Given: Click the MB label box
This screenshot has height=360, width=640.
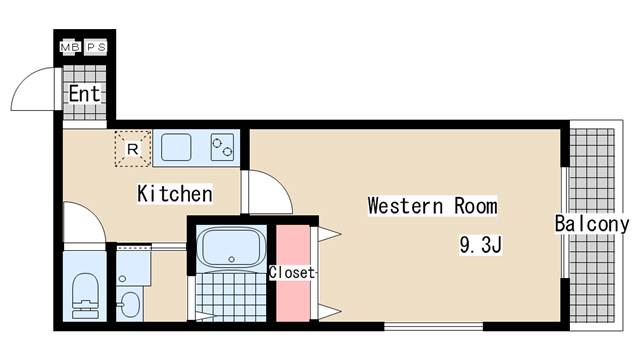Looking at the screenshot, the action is (x=71, y=47).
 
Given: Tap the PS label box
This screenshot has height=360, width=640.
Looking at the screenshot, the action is (x=96, y=47).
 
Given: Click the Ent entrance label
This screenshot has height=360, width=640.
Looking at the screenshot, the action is (x=84, y=94).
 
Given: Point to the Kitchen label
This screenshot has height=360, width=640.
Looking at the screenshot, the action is (x=175, y=193).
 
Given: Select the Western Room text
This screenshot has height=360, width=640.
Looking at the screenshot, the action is (x=433, y=206).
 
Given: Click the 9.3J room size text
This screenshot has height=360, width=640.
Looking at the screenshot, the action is (x=480, y=245).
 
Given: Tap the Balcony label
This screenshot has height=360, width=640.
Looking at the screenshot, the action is (x=592, y=224).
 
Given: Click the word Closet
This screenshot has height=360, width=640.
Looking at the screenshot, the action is (x=292, y=273).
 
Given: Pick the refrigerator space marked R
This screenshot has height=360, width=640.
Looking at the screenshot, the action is (x=133, y=149).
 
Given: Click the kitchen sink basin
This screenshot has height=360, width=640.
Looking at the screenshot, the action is (x=176, y=147).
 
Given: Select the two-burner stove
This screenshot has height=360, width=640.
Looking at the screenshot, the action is (x=222, y=147).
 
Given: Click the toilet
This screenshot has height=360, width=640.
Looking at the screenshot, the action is (x=85, y=296).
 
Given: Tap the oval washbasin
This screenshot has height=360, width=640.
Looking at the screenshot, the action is (x=130, y=304).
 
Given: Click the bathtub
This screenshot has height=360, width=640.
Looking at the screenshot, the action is (x=231, y=247).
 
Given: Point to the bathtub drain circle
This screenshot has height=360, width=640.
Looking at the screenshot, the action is (x=232, y=259).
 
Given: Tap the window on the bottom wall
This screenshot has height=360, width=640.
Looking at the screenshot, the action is (x=433, y=326).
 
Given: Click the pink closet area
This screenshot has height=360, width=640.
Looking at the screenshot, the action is (x=293, y=273).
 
